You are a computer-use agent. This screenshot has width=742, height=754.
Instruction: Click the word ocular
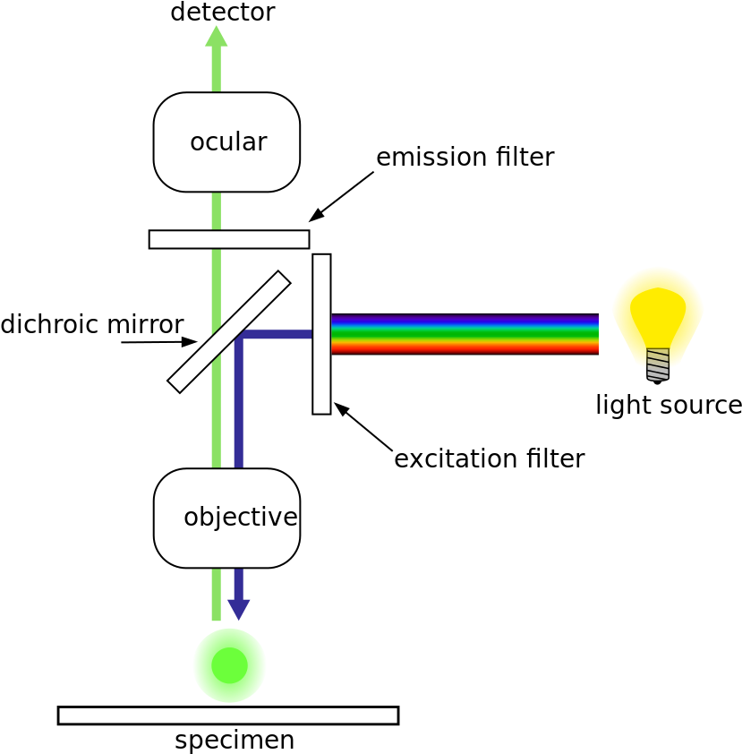click(228, 142)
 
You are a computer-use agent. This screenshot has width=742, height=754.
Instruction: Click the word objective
click(240, 518)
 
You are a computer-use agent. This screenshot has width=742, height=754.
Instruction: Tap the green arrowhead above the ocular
click(216, 37)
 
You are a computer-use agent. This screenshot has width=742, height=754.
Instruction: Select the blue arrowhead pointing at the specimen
click(238, 609)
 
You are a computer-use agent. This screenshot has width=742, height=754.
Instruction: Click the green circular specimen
click(229, 665)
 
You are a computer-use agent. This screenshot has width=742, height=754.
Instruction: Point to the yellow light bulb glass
click(658, 304)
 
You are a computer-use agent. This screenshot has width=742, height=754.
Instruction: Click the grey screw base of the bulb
click(658, 364)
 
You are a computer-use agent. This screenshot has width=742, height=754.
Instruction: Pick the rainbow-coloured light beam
click(465, 334)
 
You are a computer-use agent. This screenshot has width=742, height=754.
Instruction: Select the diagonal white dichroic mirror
click(229, 331)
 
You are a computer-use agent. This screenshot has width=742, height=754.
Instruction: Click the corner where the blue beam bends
click(239, 336)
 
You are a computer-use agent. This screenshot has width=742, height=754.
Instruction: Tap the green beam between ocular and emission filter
click(216, 211)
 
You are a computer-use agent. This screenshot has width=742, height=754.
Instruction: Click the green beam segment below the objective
click(216, 595)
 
